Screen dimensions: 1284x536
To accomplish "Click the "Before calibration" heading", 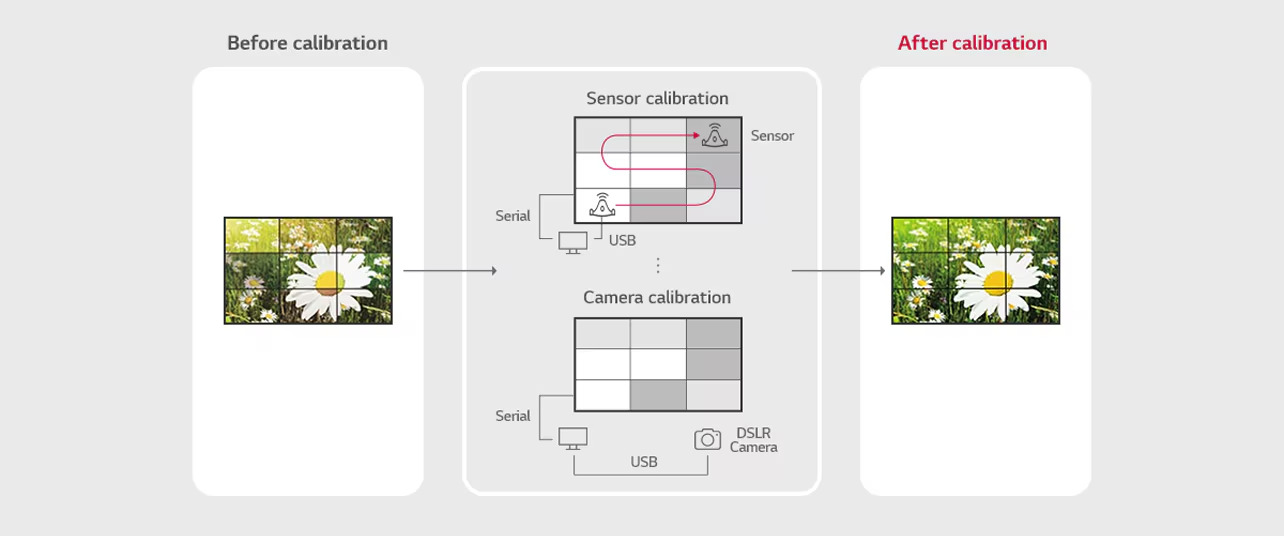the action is click(x=307, y=43).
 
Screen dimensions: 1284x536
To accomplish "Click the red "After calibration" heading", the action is click(x=972, y=43).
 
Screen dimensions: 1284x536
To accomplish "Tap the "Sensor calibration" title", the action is click(x=657, y=98).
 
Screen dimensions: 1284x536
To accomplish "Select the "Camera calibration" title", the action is click(x=657, y=297).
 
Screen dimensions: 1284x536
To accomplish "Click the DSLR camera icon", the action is click(x=707, y=439).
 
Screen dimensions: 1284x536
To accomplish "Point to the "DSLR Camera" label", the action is click(x=753, y=440).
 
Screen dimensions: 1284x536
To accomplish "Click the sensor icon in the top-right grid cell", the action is click(x=715, y=135).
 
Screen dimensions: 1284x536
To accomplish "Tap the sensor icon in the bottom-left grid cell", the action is click(x=602, y=205).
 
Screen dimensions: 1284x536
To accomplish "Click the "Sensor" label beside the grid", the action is click(x=772, y=136).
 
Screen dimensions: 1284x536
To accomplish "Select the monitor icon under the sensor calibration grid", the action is click(x=573, y=242).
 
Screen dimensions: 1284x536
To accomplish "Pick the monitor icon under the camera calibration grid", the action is click(x=573, y=439).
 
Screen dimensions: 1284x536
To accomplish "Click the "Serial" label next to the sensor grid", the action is click(x=512, y=216).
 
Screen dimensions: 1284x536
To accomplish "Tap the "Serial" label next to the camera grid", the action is click(x=512, y=416).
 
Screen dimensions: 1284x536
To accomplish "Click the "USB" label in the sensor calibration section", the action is click(x=622, y=241).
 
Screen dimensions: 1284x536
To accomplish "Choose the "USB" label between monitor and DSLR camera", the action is click(x=644, y=462).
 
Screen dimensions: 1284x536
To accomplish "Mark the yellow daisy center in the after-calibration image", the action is click(x=997, y=281).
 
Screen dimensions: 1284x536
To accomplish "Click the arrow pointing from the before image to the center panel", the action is click(x=450, y=271).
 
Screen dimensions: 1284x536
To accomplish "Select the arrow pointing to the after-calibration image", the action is click(x=839, y=271).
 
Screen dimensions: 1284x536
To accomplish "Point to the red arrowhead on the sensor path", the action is click(x=696, y=135).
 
